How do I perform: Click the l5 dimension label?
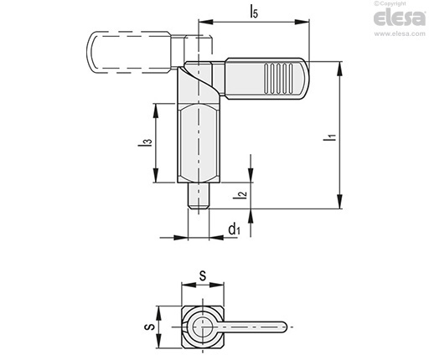[x=254, y=12]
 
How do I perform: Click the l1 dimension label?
[x=329, y=137]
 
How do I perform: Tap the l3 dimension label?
[x=145, y=142]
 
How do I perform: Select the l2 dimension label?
[x=240, y=194]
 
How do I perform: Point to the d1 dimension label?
[x=234, y=229]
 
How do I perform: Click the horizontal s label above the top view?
[x=203, y=275]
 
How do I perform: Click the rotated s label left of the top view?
[x=150, y=327]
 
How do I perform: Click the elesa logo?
[x=400, y=18]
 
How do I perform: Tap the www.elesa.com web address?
[x=400, y=33]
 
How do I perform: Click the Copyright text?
[x=390, y=3]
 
